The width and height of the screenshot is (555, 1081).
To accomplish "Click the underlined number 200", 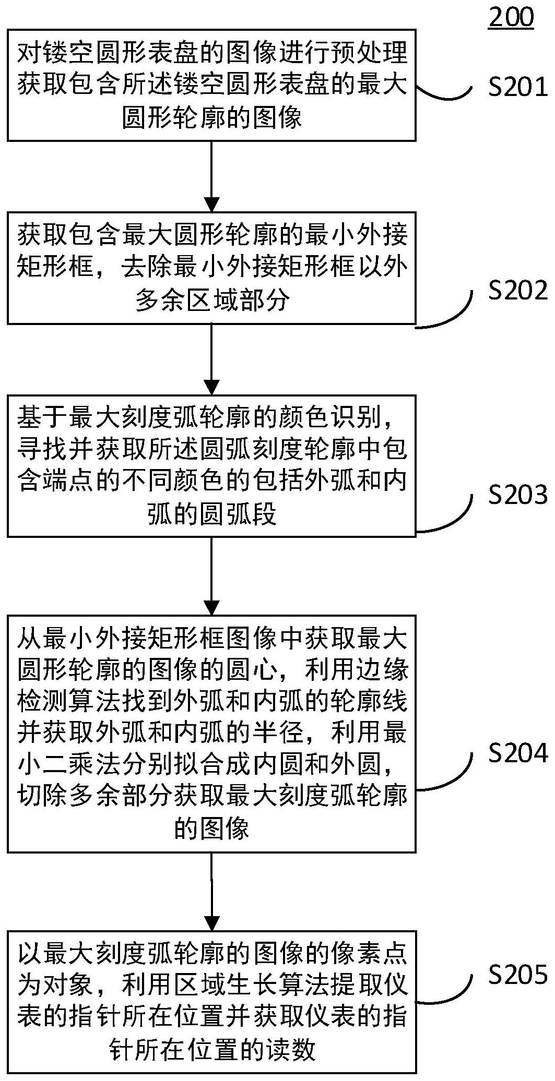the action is click(511, 17).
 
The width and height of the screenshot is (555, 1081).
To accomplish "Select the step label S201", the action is click(518, 87).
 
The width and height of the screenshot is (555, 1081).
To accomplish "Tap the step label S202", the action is click(518, 291).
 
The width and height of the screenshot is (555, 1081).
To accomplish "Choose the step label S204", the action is click(518, 753).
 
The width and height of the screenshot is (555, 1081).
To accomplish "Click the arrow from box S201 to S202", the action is click(211, 176).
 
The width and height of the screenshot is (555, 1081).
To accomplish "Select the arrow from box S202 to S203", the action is click(211, 359).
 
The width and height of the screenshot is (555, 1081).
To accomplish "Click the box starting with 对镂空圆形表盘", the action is click(211, 85).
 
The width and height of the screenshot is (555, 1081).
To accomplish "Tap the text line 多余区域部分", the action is click(212, 301).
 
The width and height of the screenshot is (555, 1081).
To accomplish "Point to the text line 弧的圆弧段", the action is click(212, 515).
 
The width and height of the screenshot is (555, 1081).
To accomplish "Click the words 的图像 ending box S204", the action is click(212, 828).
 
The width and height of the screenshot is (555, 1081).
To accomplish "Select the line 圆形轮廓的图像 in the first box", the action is click(212, 117).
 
